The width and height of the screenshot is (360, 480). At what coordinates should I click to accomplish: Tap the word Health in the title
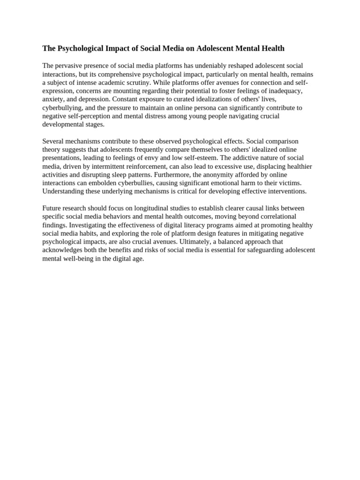272,48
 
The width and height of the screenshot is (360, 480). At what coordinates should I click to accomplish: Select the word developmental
62,125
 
